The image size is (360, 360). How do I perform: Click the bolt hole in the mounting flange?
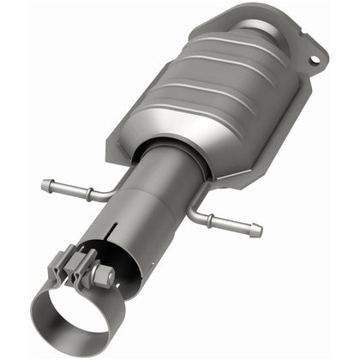point(313,60)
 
